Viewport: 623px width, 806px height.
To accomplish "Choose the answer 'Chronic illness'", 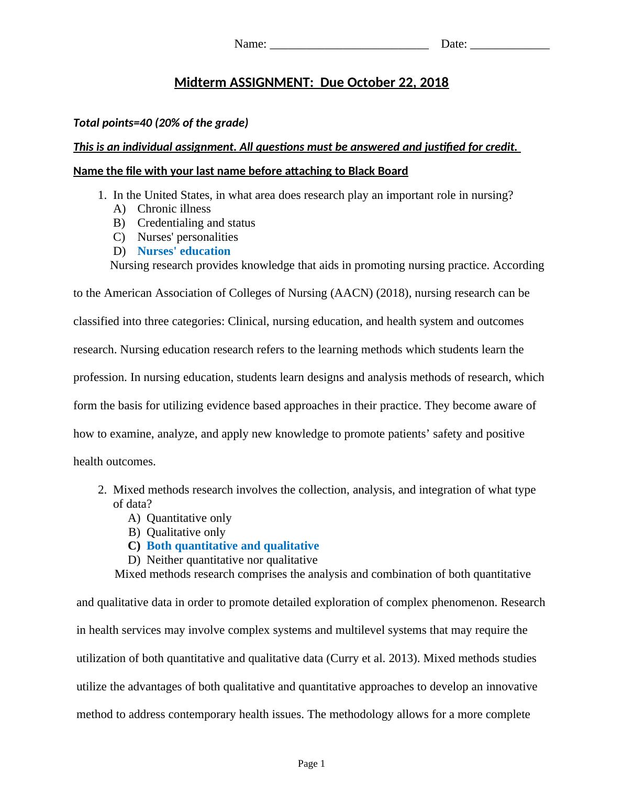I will click(x=174, y=209).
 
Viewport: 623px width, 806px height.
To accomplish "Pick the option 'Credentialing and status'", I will click(x=196, y=223).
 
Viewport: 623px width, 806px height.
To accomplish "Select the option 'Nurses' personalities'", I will click(x=187, y=237).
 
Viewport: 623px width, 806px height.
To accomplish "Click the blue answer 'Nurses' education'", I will click(x=184, y=251).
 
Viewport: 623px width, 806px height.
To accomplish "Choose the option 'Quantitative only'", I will click(x=188, y=518).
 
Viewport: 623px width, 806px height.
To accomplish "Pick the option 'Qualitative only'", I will click(x=186, y=532).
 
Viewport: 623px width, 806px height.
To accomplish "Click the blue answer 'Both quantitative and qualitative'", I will click(x=232, y=546).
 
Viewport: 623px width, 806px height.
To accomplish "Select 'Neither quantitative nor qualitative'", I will click(x=232, y=560).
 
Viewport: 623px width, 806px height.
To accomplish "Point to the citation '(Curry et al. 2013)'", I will click(x=373, y=658).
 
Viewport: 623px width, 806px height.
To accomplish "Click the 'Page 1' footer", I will click(x=311, y=764).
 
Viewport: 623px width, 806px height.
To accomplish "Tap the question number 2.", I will click(x=102, y=490).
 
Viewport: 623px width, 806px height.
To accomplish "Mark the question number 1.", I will click(x=102, y=195).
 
